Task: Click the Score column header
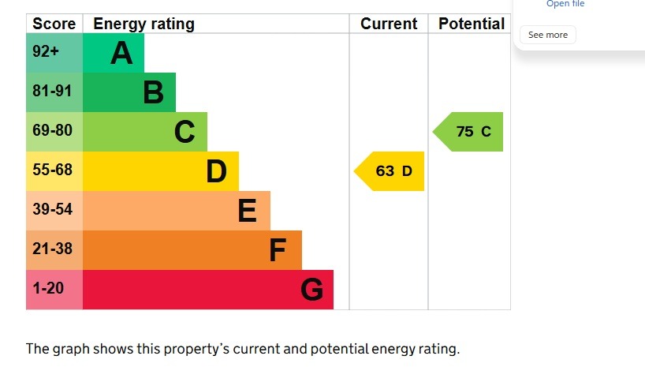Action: click(x=54, y=24)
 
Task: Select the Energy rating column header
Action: click(x=144, y=24)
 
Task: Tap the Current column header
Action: click(x=389, y=24)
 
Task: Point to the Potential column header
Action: click(x=472, y=24)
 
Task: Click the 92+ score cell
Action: click(x=54, y=53)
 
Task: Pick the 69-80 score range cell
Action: click(x=54, y=132)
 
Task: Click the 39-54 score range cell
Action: click(x=54, y=211)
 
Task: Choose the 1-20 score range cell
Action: click(x=54, y=290)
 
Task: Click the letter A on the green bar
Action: click(x=121, y=54)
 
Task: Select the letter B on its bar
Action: click(x=154, y=92)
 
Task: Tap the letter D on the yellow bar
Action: click(x=216, y=171)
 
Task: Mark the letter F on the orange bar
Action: click(x=278, y=250)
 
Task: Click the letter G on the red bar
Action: click(x=311, y=290)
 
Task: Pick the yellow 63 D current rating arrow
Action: click(x=390, y=171)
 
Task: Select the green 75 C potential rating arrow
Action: click(x=468, y=132)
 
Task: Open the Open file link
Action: click(x=565, y=4)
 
